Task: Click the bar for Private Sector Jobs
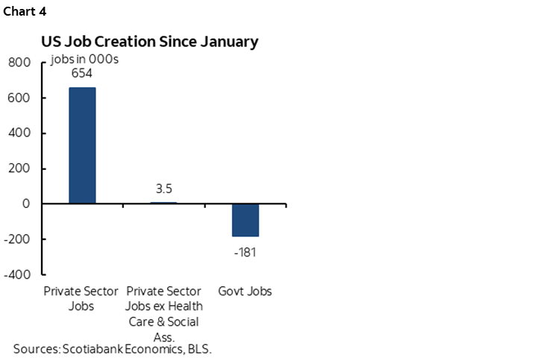click(82, 145)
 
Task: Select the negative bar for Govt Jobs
click(245, 220)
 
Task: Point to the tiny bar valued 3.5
click(163, 202)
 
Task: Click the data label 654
click(82, 75)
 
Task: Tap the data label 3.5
click(163, 189)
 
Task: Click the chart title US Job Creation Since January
click(149, 42)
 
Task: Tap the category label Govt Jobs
click(245, 291)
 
